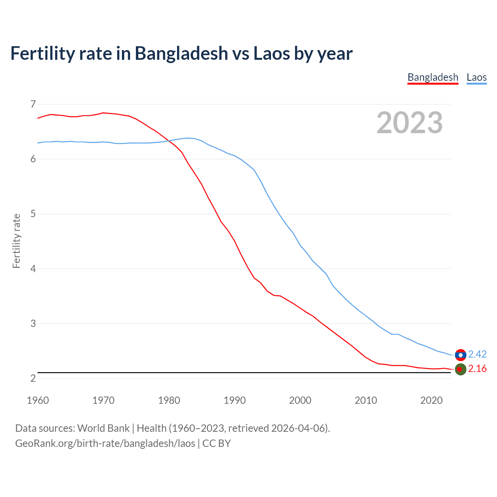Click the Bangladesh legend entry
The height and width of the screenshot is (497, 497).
click(x=433, y=77)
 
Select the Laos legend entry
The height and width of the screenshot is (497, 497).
click(x=476, y=77)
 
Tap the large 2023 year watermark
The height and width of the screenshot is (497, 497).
click(x=410, y=123)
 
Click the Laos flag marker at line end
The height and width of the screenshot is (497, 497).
click(x=461, y=355)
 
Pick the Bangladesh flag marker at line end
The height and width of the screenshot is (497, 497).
click(x=461, y=369)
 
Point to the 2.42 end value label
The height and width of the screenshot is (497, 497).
click(x=477, y=354)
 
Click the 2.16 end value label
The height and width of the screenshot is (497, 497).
click(x=477, y=368)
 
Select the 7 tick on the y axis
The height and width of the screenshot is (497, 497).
click(x=33, y=104)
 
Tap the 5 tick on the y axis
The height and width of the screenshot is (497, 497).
click(x=33, y=214)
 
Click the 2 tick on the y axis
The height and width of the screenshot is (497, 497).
click(x=33, y=378)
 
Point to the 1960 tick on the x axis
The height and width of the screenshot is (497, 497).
click(x=38, y=400)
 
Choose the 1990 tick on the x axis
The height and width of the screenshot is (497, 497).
click(x=235, y=400)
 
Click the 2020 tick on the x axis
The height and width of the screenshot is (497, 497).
click(x=431, y=400)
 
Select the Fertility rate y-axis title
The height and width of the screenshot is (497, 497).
click(x=16, y=241)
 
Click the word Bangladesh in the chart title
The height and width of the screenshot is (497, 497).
click(x=181, y=54)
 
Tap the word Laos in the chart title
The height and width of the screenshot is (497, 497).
click(x=271, y=54)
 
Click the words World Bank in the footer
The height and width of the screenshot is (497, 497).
click(x=103, y=428)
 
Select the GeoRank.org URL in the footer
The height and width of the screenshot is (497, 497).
click(x=105, y=443)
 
